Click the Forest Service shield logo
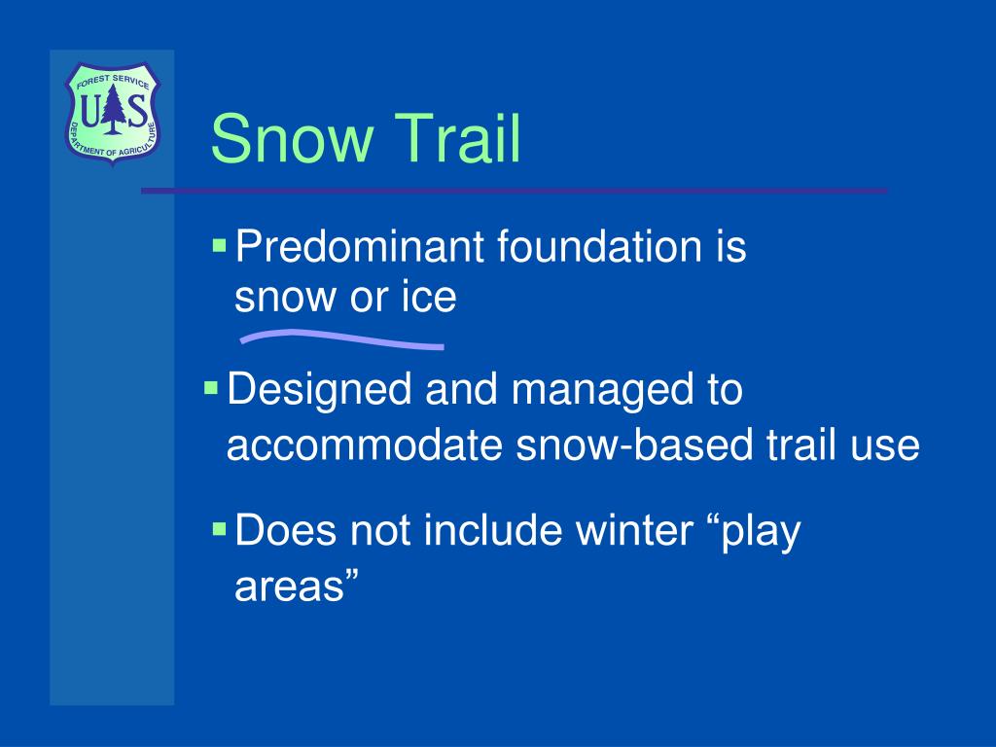[x=113, y=113]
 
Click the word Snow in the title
[x=292, y=138]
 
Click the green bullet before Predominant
[x=220, y=245]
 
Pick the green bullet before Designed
[x=211, y=387]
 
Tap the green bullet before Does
[x=220, y=528]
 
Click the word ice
[x=429, y=297]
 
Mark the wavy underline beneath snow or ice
[x=341, y=339]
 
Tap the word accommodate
[x=365, y=445]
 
